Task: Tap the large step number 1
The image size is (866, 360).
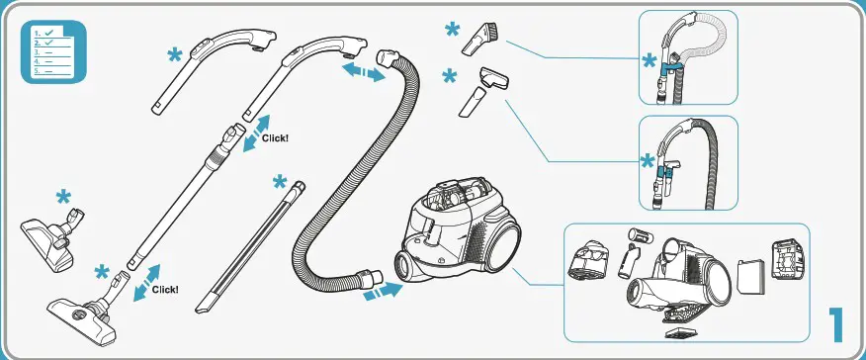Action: [x=837, y=325]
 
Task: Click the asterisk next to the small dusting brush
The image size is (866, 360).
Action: [x=452, y=30]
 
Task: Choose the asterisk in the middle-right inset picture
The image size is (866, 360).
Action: [x=649, y=161]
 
